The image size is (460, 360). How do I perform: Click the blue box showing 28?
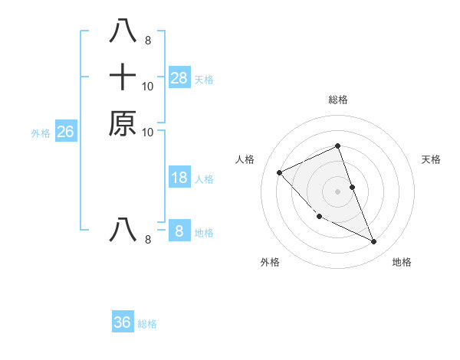pos(179,77)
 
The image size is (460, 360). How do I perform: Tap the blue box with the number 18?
pos(179,178)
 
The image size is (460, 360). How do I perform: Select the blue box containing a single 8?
pos(179,231)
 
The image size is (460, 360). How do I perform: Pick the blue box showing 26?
pos(66,132)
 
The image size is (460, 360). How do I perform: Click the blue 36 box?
pos(123,322)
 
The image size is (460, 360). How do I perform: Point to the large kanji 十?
pos(123,77)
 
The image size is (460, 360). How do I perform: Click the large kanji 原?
pos(123,123)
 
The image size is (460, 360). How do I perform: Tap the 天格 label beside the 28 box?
pos(204,80)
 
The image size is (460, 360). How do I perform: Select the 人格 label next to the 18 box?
pos(204,179)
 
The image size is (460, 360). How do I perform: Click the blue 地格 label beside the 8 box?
pos(204,233)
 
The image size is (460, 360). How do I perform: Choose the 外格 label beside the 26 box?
pos(41,133)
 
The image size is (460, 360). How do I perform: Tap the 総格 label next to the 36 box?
pos(147,324)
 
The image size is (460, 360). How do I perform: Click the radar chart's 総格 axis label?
pos(338,100)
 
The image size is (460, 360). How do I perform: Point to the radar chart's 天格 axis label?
pos(431,159)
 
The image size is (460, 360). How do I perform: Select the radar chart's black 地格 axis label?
pos(402,263)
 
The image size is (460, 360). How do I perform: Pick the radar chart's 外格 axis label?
pos(270,263)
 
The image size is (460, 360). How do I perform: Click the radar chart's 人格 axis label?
pos(245,159)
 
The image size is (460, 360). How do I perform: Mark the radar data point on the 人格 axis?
pos(280,172)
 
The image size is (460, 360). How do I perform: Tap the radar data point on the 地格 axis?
pos(374,242)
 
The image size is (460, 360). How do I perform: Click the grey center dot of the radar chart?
pos(338,191)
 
